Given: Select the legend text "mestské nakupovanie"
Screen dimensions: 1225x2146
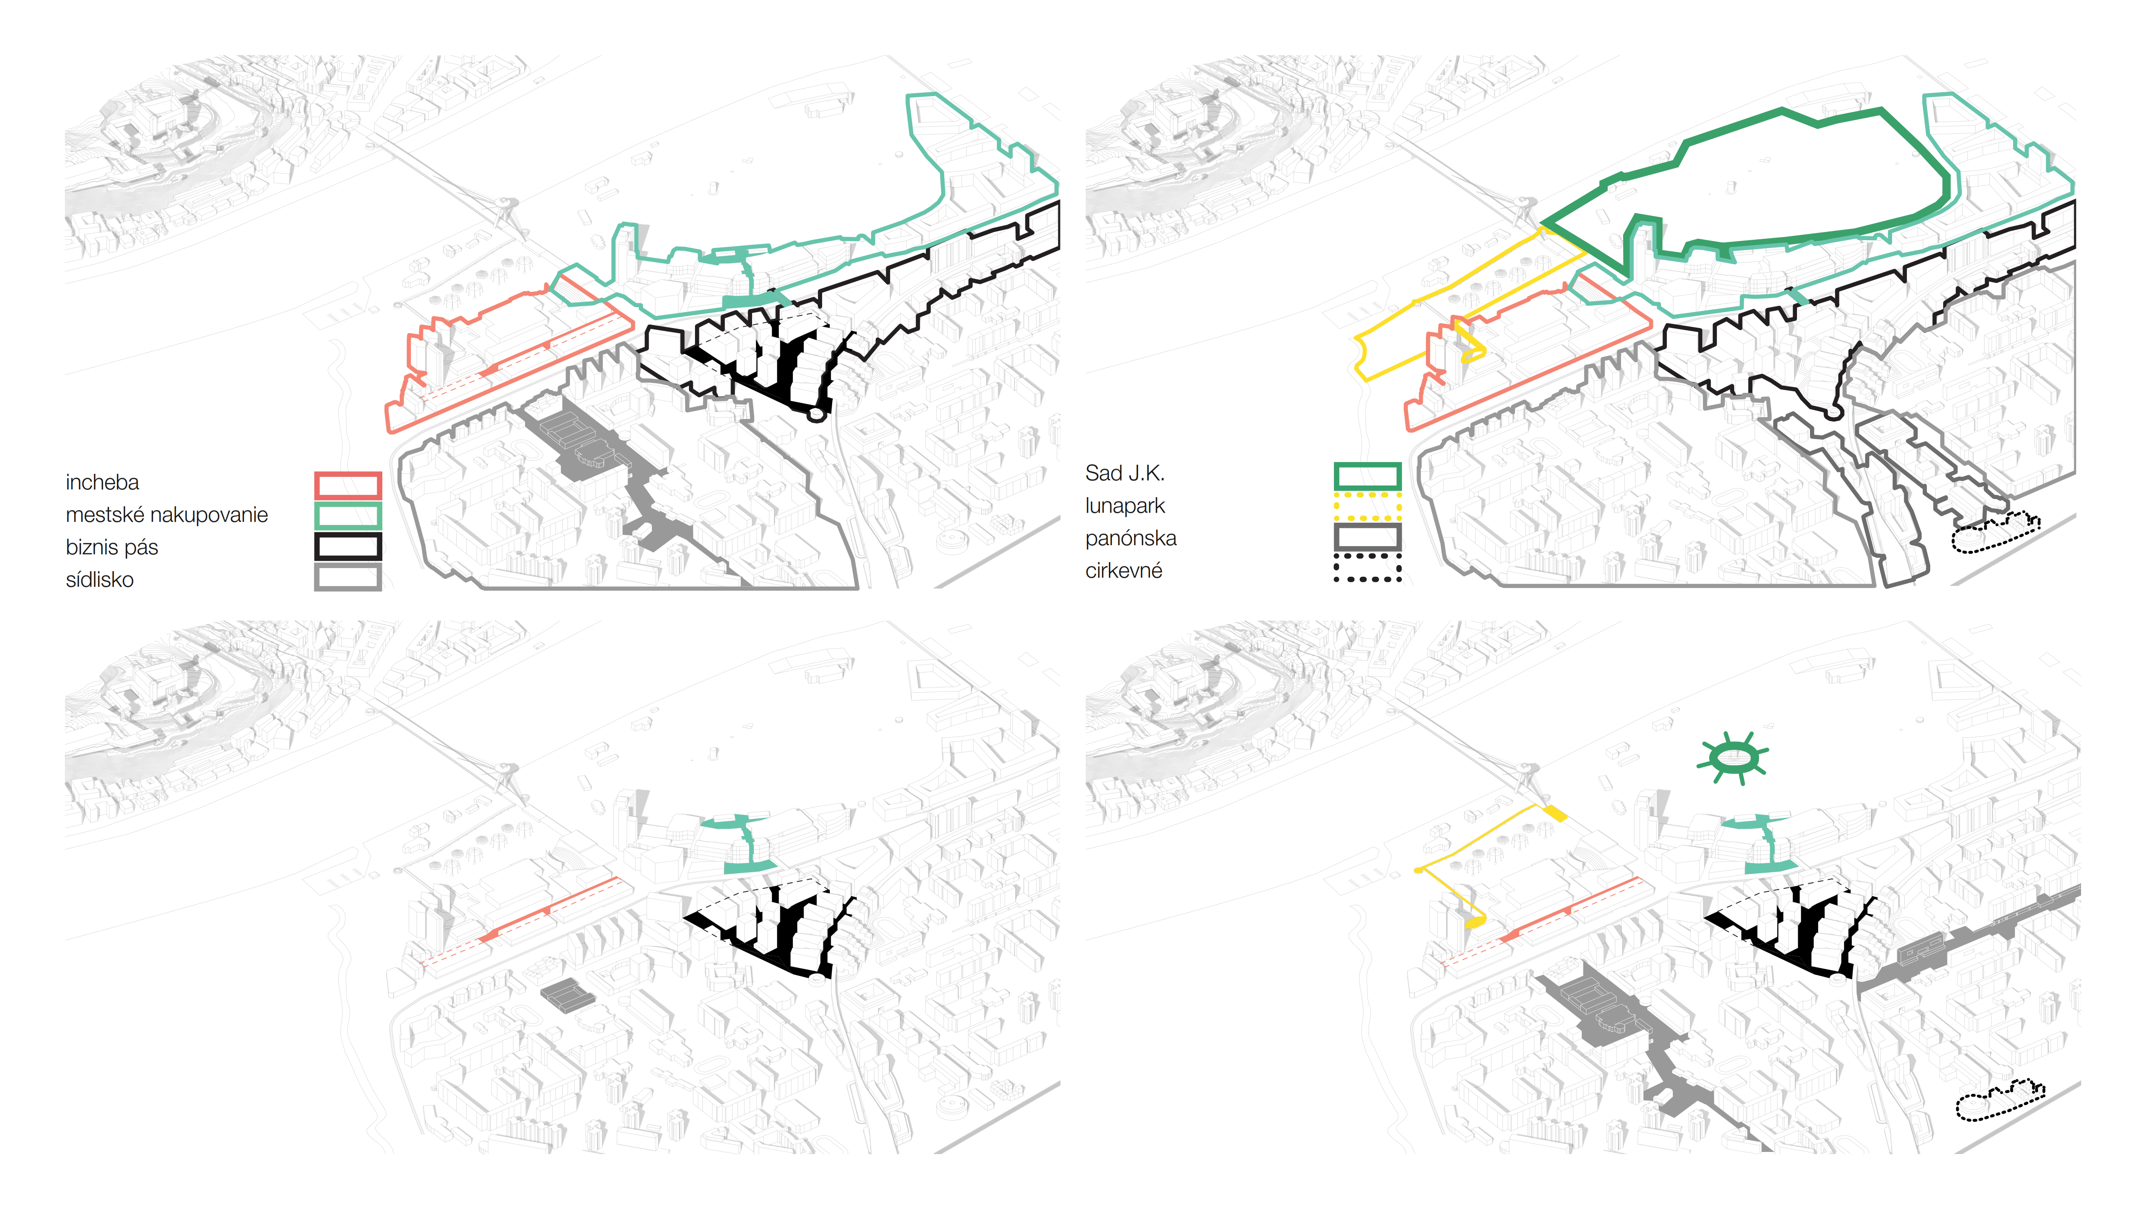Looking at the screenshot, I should [167, 515].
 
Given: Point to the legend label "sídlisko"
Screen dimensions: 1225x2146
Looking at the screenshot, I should [99, 580].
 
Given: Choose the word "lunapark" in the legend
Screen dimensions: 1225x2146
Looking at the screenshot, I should [1124, 506].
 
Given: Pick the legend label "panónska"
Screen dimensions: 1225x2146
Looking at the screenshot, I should [1130, 538].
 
